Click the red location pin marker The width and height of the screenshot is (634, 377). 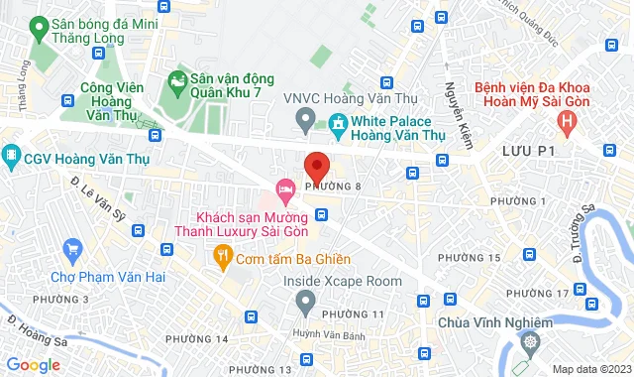pos(316,164)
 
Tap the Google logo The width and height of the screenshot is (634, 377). pos(33,365)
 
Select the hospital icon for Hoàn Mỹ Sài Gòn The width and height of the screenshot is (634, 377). pos(567,122)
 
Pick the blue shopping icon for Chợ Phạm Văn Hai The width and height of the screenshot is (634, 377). pos(71,249)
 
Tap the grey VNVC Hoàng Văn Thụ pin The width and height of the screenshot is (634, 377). pos(306,122)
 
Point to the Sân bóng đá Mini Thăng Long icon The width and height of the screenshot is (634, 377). pos(40,28)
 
